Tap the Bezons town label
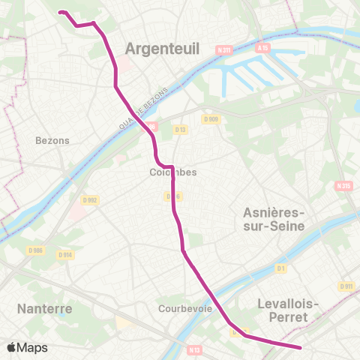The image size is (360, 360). pos(52,140)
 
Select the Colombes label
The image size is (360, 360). pos(173,172)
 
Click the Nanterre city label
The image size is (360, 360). pos(44,308)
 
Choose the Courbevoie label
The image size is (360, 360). pos(182,308)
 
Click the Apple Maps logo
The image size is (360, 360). pos(27,347)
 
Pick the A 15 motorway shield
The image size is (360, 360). pos(262,47)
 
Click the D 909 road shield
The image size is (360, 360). pos(210,118)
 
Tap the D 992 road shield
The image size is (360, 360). pos(90,200)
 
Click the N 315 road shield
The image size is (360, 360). pos(343,185)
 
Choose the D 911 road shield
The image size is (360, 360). pos(346,286)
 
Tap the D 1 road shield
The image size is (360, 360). pos(281,268)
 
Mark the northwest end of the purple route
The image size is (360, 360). pos(60,12)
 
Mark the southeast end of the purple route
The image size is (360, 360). pos(300,347)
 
